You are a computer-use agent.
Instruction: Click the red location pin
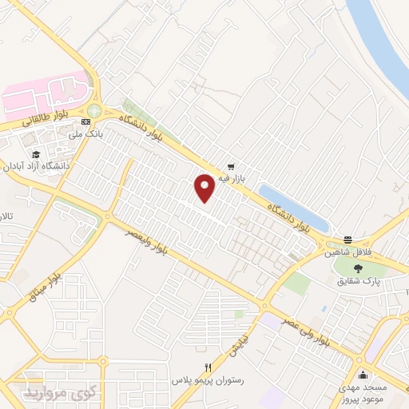tap(204, 187)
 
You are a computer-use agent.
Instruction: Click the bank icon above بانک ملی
tap(85, 121)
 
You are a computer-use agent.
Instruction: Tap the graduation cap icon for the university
tap(34, 154)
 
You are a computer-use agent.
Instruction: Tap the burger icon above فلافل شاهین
tap(348, 240)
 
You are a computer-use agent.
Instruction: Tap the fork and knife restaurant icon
tap(208, 367)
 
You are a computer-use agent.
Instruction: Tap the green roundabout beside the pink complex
tap(94, 111)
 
